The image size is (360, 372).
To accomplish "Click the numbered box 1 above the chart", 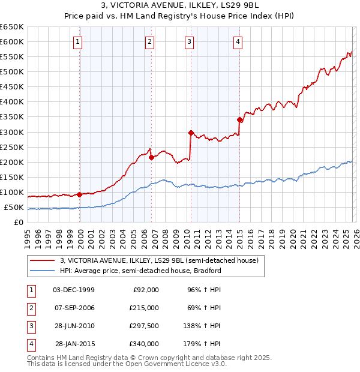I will (79, 41).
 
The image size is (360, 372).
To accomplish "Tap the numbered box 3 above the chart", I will (189, 41).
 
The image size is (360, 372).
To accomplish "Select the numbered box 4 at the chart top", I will (238, 41).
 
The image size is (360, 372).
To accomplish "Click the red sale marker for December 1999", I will (80, 194).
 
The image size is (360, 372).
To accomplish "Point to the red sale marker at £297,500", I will (191, 133).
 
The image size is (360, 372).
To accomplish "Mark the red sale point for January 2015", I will (239, 119).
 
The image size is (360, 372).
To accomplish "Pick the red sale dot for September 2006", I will (151, 157).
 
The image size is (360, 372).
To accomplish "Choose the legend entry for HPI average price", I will (140, 271).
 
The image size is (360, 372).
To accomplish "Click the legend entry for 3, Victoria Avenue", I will (159, 260).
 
